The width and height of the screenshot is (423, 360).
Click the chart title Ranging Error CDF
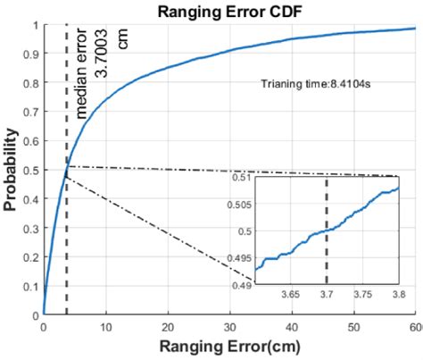click(x=227, y=12)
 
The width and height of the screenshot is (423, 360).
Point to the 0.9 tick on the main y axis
click(x=31, y=54)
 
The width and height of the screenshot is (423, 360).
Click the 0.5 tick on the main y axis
click(x=31, y=170)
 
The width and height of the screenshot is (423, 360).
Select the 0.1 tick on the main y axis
click(x=31, y=286)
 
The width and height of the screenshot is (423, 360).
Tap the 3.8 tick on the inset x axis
click(x=397, y=294)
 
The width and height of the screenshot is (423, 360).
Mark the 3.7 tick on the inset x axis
click(x=326, y=294)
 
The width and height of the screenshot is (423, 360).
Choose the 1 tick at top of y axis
click(x=36, y=26)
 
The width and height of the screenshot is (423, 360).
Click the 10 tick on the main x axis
click(x=105, y=327)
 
